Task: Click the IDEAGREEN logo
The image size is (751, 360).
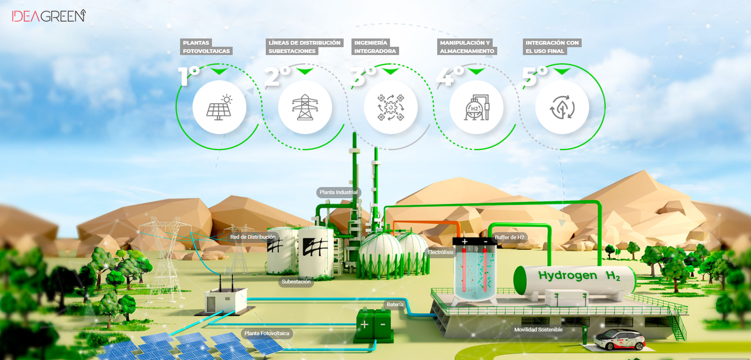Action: coord(49,16)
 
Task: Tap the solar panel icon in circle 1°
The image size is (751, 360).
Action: coord(219,108)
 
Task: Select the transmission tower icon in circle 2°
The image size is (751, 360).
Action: coord(305,108)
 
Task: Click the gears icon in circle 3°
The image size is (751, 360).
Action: coord(391,108)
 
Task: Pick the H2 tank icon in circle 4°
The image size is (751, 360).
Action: coord(477,108)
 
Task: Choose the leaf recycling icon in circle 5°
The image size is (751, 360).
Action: coord(562,108)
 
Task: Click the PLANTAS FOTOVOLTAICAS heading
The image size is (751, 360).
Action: coord(206,47)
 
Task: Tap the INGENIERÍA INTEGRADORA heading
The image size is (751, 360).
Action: coord(375,47)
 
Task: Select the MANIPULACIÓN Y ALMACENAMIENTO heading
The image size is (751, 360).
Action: coord(467,47)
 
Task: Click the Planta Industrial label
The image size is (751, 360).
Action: coord(338,192)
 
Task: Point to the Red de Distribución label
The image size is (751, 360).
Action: coord(253,237)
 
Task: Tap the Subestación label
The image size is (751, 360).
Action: coord(296,282)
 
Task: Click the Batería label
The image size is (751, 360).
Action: coord(395,305)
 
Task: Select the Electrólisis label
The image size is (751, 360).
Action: coord(440,252)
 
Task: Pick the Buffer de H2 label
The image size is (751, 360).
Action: coord(509,238)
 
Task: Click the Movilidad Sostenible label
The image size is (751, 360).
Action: coord(538,330)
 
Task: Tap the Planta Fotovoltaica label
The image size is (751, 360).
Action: coord(267,334)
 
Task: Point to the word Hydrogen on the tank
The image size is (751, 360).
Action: coord(568,276)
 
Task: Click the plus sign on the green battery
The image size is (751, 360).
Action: coord(364,324)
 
